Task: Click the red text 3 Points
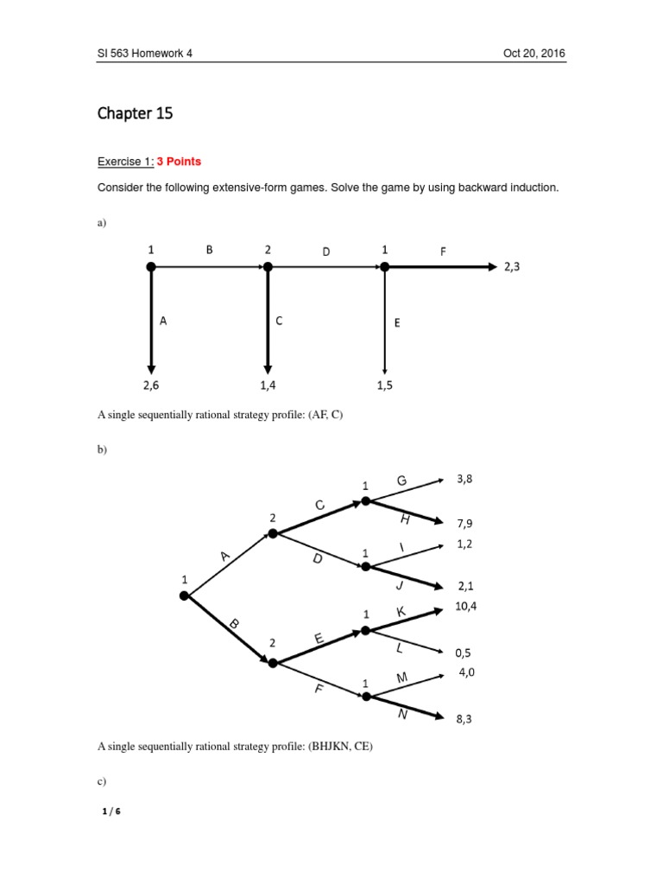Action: pos(178,162)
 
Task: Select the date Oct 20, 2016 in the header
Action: pos(534,54)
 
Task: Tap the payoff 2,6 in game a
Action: pos(151,386)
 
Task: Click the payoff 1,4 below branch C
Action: pos(268,386)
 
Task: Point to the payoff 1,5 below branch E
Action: pos(384,386)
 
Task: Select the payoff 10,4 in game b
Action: pos(465,607)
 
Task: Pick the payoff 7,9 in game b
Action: pos(464,523)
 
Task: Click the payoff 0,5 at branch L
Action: pos(464,653)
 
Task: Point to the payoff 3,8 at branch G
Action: pos(464,477)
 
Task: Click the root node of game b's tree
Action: pos(184,595)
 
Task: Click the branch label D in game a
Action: pos(326,251)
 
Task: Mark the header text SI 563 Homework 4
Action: pos(144,54)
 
